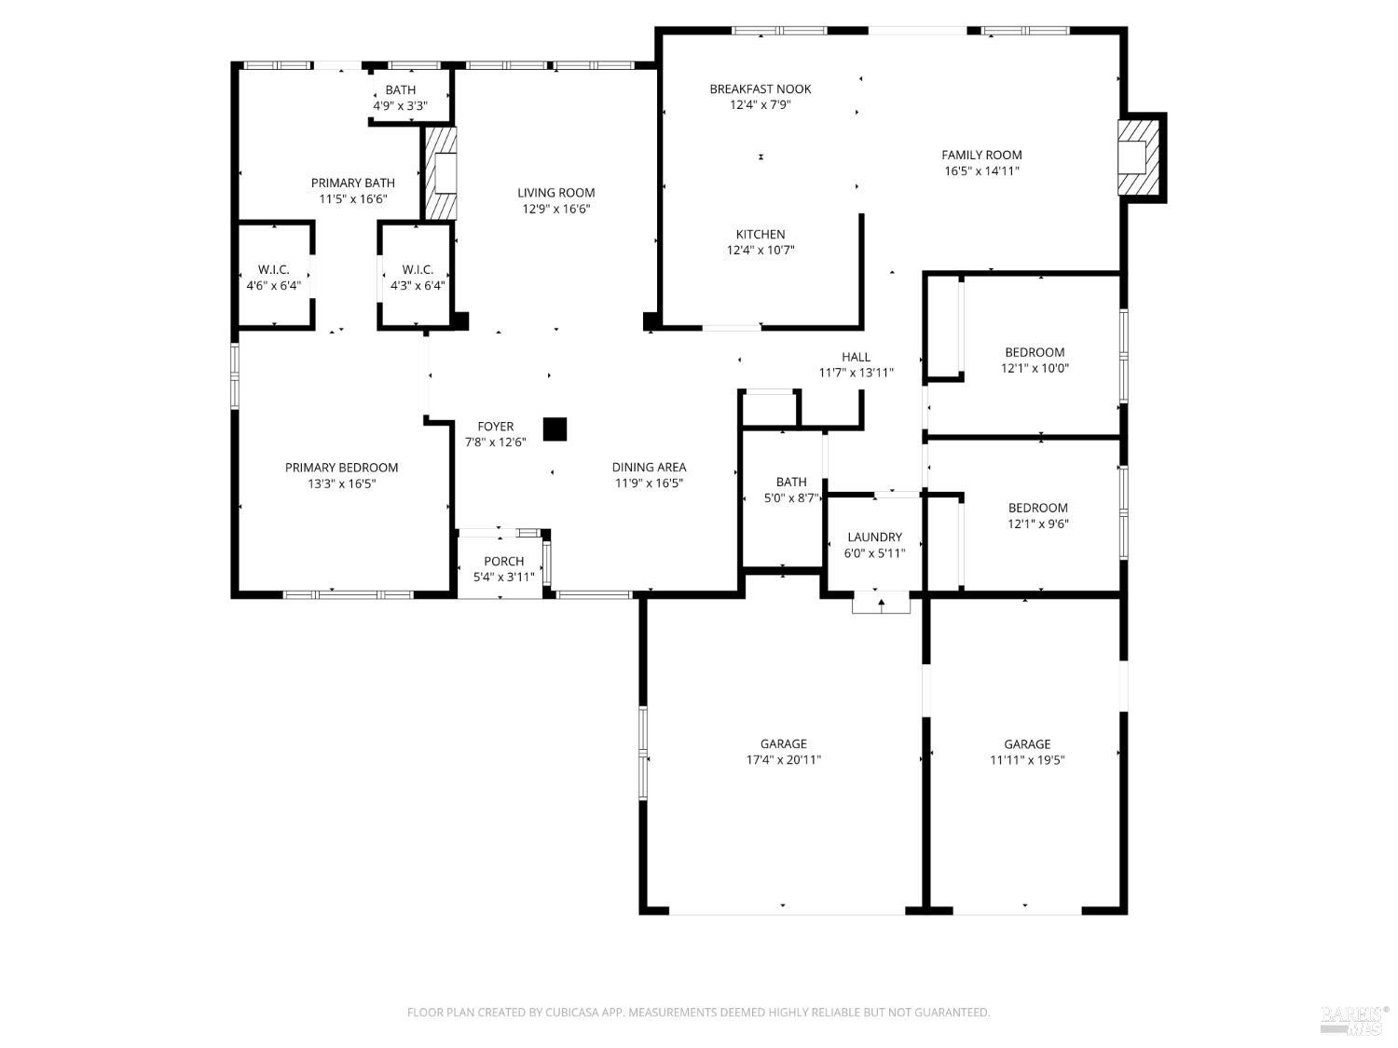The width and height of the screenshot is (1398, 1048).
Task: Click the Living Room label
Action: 555,193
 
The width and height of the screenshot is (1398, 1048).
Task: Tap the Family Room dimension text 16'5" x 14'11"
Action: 981,171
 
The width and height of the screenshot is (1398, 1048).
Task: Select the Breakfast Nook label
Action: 760,89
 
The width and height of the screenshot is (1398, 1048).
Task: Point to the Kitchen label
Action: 761,235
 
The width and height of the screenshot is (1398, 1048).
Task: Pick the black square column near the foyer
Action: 555,429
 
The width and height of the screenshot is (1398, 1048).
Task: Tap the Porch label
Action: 503,562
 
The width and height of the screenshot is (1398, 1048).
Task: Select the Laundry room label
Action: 874,538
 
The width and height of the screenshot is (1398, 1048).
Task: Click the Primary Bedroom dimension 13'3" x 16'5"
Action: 341,483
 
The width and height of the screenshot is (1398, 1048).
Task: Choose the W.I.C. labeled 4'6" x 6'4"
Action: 273,278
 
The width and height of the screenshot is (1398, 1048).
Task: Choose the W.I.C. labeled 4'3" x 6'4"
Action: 418,278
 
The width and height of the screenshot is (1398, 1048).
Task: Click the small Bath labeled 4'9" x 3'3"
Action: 400,98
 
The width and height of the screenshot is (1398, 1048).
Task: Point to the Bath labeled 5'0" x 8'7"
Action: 791,490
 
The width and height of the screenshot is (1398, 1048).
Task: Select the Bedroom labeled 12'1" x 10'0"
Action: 1035,360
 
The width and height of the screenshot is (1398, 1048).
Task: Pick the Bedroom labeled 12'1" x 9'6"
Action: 1037,515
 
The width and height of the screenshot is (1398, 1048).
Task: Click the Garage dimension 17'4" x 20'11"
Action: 783,759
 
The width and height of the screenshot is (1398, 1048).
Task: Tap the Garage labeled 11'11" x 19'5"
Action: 1027,752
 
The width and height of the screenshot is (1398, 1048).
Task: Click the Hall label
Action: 856,357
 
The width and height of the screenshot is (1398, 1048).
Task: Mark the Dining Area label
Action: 649,468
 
